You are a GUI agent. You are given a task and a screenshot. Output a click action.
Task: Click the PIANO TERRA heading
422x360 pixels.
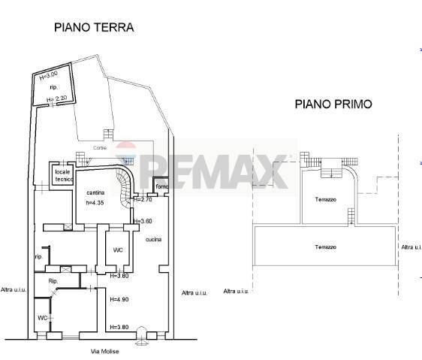point(93,27)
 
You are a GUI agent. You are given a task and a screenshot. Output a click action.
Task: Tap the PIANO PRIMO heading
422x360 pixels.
point(333,104)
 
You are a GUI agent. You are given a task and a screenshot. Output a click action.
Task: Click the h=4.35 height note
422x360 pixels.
point(94,202)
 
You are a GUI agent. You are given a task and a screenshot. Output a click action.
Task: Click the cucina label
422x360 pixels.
point(155,239)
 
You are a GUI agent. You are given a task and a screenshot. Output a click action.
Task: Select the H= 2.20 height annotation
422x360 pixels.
point(57,99)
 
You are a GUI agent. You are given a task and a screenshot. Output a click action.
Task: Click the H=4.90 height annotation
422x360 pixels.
point(120,300)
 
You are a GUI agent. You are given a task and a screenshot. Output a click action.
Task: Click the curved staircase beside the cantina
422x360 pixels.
point(125,183)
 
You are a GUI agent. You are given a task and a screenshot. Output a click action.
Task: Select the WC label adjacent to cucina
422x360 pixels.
point(118,250)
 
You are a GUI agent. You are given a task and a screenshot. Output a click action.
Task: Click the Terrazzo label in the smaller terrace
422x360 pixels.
point(325,199)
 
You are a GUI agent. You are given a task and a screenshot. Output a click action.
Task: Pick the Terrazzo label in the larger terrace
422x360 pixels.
point(325,247)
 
